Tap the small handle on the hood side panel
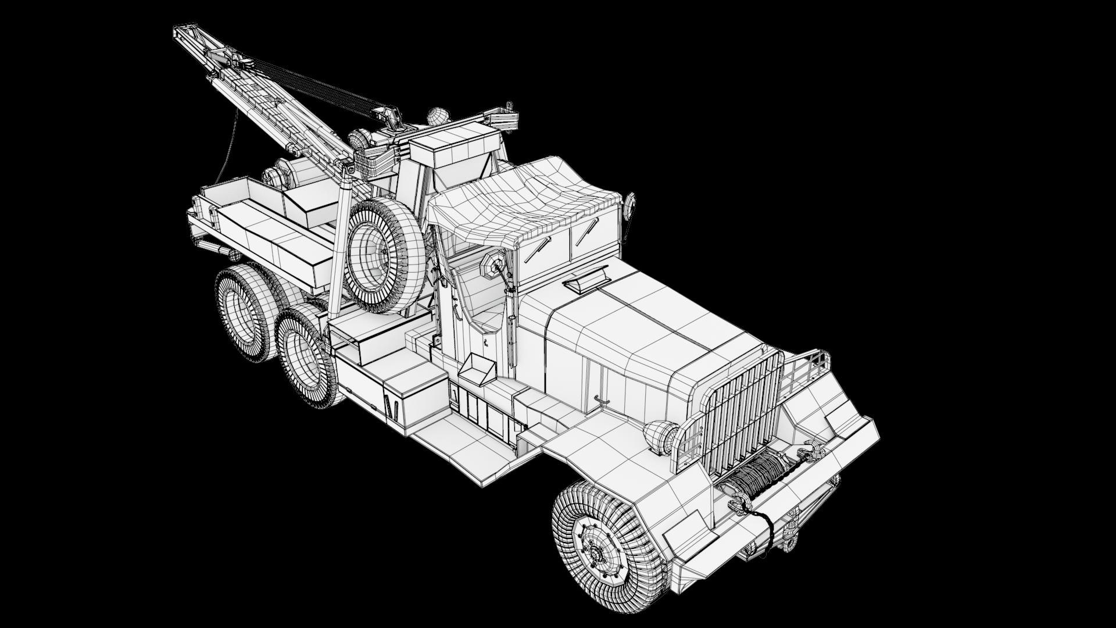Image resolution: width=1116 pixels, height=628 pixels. pyautogui.click(x=602, y=399)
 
